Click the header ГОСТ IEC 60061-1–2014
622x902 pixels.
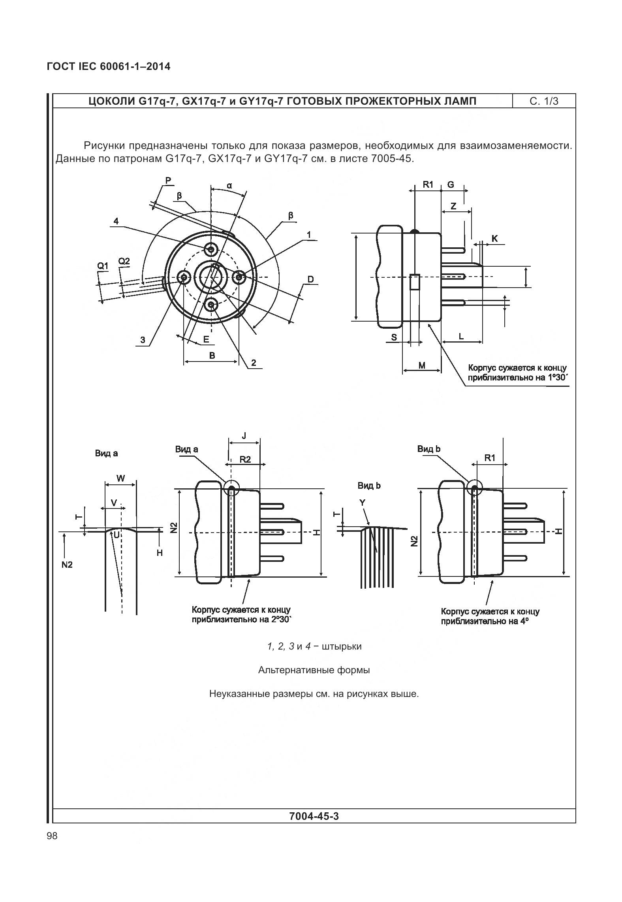click(109, 67)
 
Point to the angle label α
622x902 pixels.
click(229, 185)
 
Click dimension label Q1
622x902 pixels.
click(103, 266)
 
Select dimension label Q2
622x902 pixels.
click(124, 261)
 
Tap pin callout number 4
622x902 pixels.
click(116, 221)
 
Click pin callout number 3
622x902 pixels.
click(143, 340)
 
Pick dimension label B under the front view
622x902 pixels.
click(212, 355)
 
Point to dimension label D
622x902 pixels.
click(311, 280)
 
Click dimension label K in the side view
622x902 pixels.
click(494, 239)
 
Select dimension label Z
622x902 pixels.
click(454, 206)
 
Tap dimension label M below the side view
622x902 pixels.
click(422, 365)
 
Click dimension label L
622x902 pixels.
click(461, 337)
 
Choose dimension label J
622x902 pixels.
click(244, 436)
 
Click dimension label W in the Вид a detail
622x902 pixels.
click(121, 478)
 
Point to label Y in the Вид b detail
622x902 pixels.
click(362, 503)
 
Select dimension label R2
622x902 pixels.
click(245, 459)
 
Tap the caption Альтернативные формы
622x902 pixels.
click(314, 670)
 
